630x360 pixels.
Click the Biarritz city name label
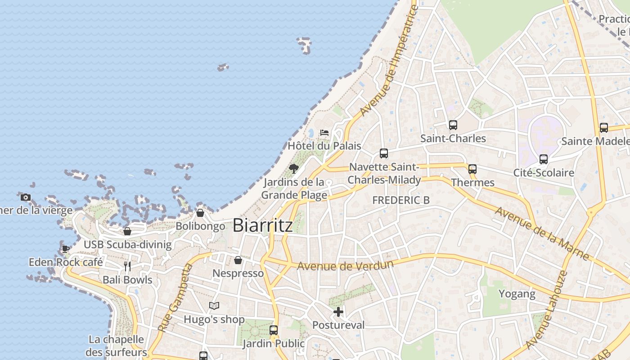point(263,225)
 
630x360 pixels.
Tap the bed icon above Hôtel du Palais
point(324,133)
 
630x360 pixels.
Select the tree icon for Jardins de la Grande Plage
point(294,169)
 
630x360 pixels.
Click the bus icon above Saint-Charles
point(453,125)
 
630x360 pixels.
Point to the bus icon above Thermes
point(472,169)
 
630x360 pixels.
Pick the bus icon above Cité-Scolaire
point(544,159)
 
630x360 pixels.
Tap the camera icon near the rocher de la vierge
point(26,197)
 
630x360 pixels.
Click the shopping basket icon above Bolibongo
point(200,213)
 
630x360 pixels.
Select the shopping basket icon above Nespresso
point(238,260)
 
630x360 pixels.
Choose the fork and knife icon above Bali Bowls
point(127,266)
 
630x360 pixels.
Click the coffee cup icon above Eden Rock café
point(66,249)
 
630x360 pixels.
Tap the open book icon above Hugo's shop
point(214,306)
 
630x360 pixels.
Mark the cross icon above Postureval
point(338,311)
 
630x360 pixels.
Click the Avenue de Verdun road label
point(345,265)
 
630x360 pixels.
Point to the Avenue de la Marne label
point(542,233)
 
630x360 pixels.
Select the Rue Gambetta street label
point(175,298)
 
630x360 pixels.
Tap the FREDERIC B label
point(401,200)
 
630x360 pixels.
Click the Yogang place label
point(517,294)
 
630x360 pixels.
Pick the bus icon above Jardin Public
point(274,330)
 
